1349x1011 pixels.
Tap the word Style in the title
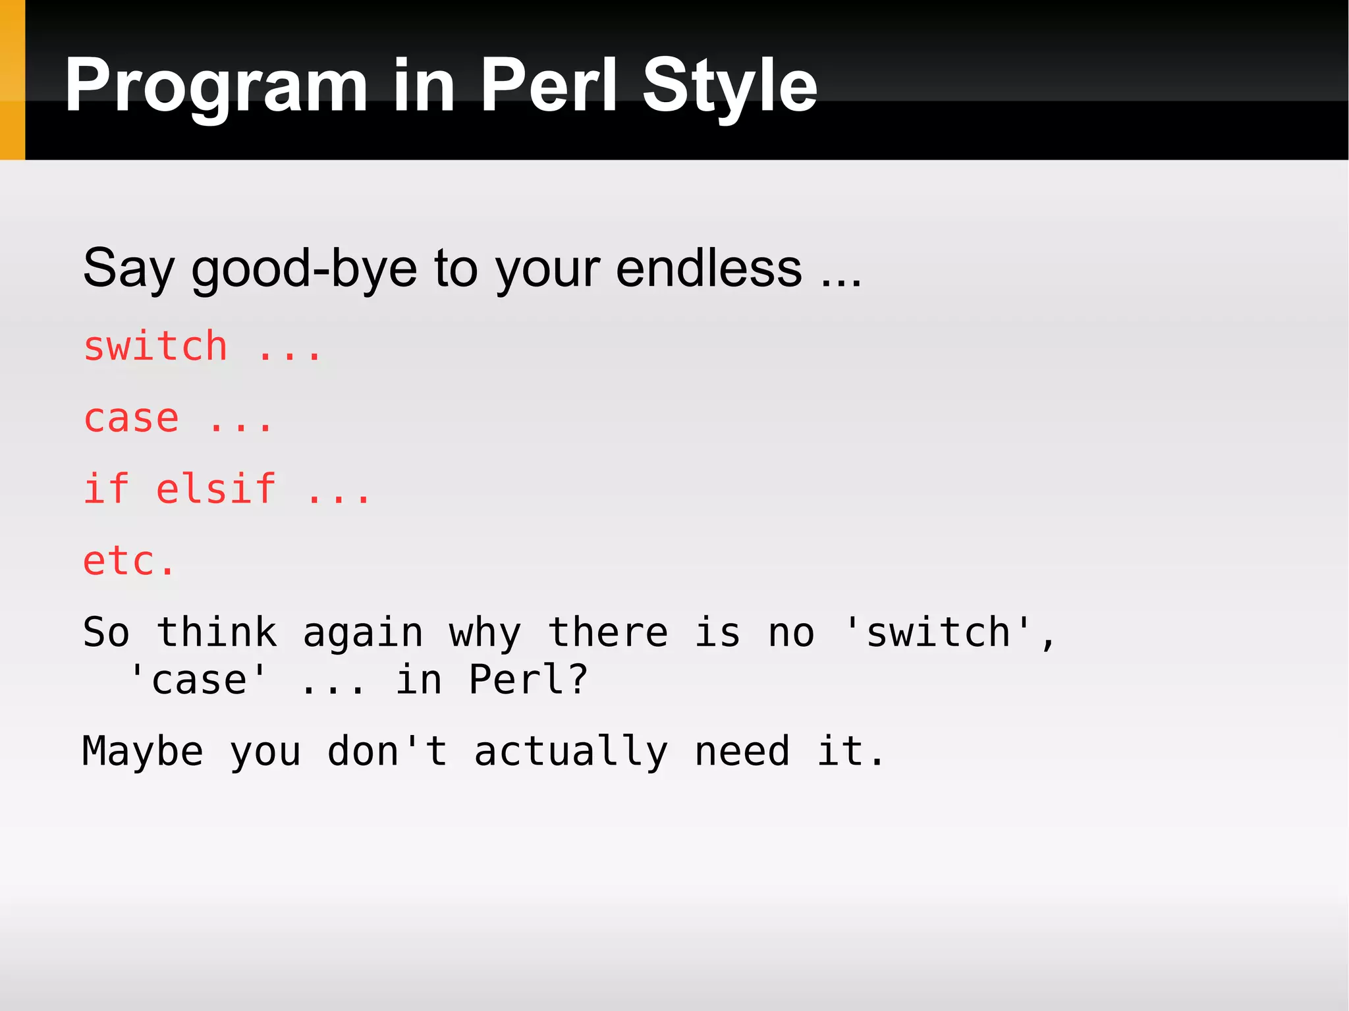[x=729, y=86]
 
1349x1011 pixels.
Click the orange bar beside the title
[x=12, y=79]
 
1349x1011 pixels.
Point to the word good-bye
[x=304, y=269]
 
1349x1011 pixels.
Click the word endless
[x=709, y=269]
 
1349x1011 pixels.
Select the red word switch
[x=155, y=346]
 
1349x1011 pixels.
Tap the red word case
[x=131, y=419]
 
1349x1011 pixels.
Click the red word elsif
[x=216, y=489]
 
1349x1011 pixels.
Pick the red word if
[x=105, y=489]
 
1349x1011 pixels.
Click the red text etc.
[x=129, y=562]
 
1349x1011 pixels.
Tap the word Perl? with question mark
[x=528, y=680]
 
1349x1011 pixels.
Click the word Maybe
[x=142, y=751]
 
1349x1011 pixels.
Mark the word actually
[x=570, y=751]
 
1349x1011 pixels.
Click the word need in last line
[x=742, y=751]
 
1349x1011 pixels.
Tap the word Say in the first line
[x=128, y=269]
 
